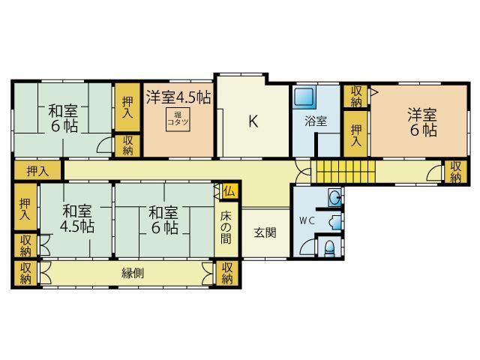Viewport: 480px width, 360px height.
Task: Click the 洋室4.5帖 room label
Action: click(x=178, y=97)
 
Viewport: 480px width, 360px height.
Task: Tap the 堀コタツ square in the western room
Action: click(x=178, y=118)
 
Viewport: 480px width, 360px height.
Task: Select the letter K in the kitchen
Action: click(x=253, y=121)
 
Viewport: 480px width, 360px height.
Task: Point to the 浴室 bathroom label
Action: click(x=315, y=121)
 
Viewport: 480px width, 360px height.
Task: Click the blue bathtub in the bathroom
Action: click(x=304, y=97)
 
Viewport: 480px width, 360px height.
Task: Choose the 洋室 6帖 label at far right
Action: click(x=423, y=122)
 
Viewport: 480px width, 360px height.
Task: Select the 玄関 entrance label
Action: click(x=265, y=232)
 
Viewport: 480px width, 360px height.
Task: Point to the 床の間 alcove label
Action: click(x=227, y=229)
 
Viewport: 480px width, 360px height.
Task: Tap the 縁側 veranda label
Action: click(x=133, y=273)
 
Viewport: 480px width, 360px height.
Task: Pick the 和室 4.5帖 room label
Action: click(x=78, y=218)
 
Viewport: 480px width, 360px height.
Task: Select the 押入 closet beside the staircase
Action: click(x=356, y=134)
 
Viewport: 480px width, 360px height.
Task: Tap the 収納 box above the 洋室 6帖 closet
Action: click(x=355, y=96)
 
